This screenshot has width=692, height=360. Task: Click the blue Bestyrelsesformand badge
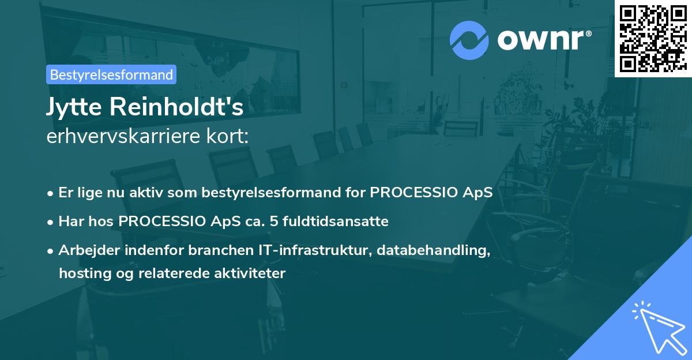pos(111,74)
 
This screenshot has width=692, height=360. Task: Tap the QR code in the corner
pos(653,39)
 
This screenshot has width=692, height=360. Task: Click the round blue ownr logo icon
pos(469,40)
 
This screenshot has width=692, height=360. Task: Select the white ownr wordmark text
pos(541,40)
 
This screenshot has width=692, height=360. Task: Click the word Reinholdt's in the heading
pos(176,107)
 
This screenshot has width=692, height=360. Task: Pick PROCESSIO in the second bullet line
pos(162,222)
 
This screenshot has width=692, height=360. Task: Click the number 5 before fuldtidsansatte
pos(274,222)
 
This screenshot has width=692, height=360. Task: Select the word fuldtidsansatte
pos(336,222)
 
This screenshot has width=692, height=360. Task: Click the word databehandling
pos(433,250)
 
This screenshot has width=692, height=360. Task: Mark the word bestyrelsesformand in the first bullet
pos(271,193)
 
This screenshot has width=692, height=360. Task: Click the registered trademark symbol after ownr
pos(588,33)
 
